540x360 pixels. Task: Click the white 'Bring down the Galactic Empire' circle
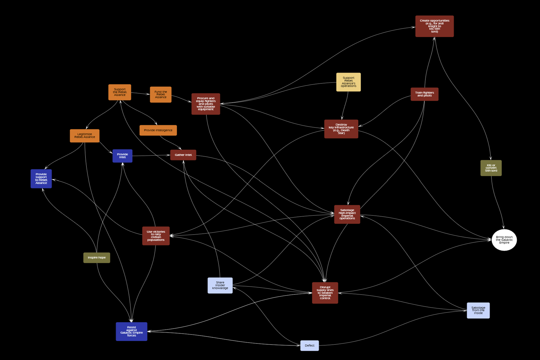pos(504,240)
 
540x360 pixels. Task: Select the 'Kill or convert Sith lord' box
pos(491,168)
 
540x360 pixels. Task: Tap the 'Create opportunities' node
pos(434,26)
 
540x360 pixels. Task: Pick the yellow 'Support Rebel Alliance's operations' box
pos(348,82)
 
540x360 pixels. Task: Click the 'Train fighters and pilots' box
pos(424,94)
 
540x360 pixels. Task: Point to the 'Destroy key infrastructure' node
pos(341,129)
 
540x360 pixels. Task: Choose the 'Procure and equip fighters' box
pos(206,104)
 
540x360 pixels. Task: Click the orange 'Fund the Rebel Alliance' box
pos(161,94)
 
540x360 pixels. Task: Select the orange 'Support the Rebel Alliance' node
pos(120,92)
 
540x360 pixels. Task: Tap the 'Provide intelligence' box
pos(158,130)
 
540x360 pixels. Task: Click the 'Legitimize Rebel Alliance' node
pos(85,136)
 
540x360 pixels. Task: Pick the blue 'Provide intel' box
pos(122,156)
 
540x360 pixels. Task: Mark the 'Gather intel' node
pos(183,155)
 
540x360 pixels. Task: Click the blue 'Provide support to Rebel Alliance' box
pos(41,178)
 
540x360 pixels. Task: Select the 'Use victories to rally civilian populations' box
pos(156,236)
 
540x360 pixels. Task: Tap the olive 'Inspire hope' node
pos(97,257)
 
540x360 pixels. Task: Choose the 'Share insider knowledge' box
pos(220,285)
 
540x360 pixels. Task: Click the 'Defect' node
pos(310,346)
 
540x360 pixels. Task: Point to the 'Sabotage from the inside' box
pos(478,310)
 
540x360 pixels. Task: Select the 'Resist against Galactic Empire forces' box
pos(131,331)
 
